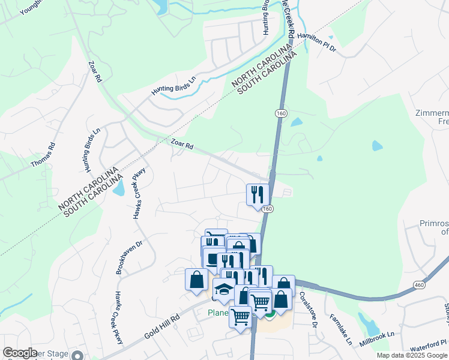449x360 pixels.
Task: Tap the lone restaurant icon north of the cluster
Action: click(256, 194)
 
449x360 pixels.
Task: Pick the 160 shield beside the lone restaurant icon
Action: click(268, 208)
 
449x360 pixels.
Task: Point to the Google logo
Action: click(20, 353)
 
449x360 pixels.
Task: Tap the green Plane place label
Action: click(218, 313)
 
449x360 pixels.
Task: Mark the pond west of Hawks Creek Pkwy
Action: click(118, 188)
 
